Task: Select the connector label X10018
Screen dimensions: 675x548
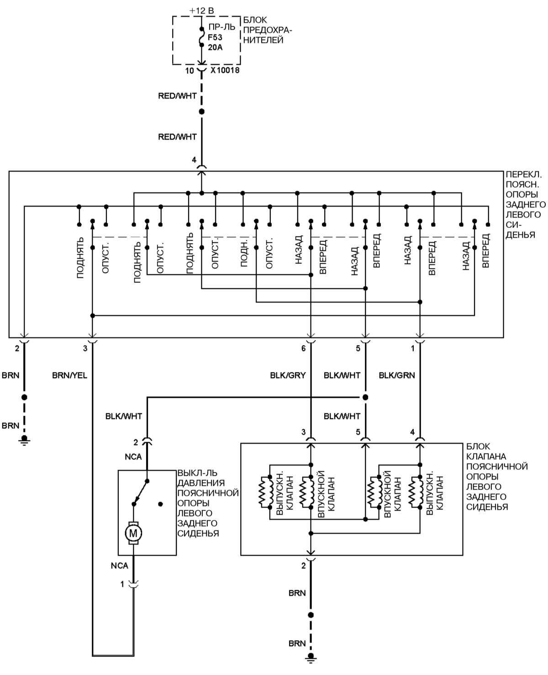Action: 225,71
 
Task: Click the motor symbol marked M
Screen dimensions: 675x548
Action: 133,532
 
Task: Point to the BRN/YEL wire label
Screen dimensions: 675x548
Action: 69,375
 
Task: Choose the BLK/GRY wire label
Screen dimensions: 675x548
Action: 288,375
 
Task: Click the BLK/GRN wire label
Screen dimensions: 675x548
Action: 397,375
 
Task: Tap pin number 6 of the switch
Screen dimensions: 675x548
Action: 303,348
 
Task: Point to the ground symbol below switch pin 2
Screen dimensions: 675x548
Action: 24,440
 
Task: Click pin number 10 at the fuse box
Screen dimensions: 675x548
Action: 190,71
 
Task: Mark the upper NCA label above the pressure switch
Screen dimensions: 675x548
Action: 133,457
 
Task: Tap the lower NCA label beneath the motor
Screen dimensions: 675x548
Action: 120,566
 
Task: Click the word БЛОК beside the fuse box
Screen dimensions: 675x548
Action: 255,20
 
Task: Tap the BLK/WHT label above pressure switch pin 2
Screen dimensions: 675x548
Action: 123,416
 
